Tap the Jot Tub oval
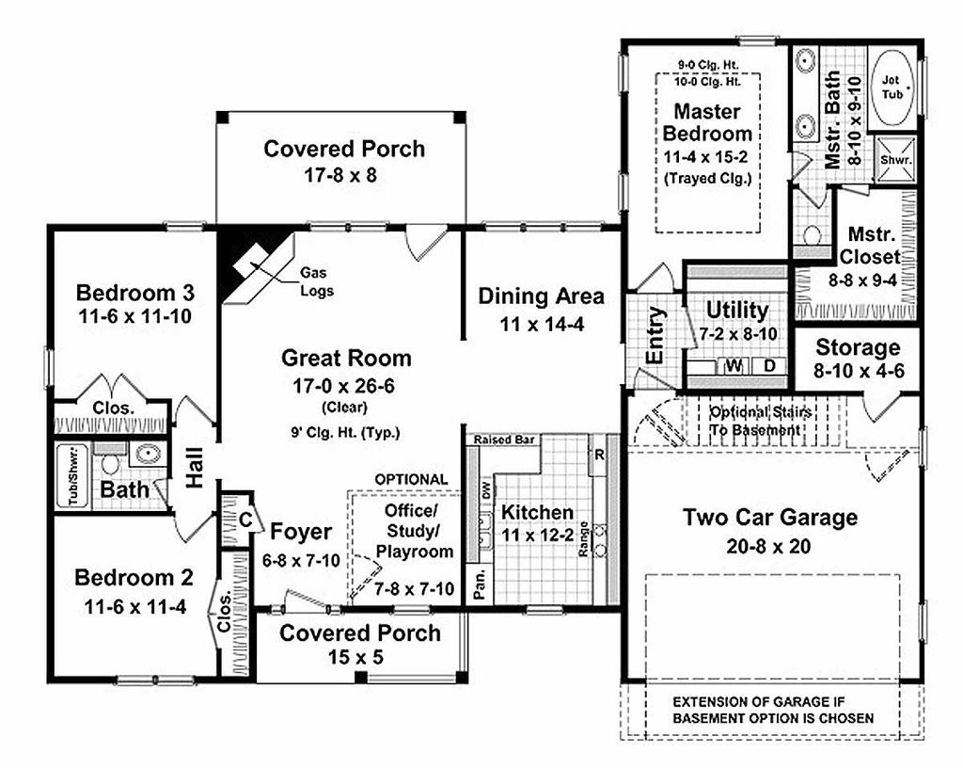coord(892,88)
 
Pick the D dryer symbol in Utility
coord(768,366)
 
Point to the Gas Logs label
coord(314,281)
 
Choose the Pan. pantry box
coord(479,582)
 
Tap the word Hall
coord(195,467)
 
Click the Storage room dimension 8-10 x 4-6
coord(858,371)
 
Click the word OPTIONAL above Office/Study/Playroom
coord(411,479)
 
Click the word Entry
coord(655,336)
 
